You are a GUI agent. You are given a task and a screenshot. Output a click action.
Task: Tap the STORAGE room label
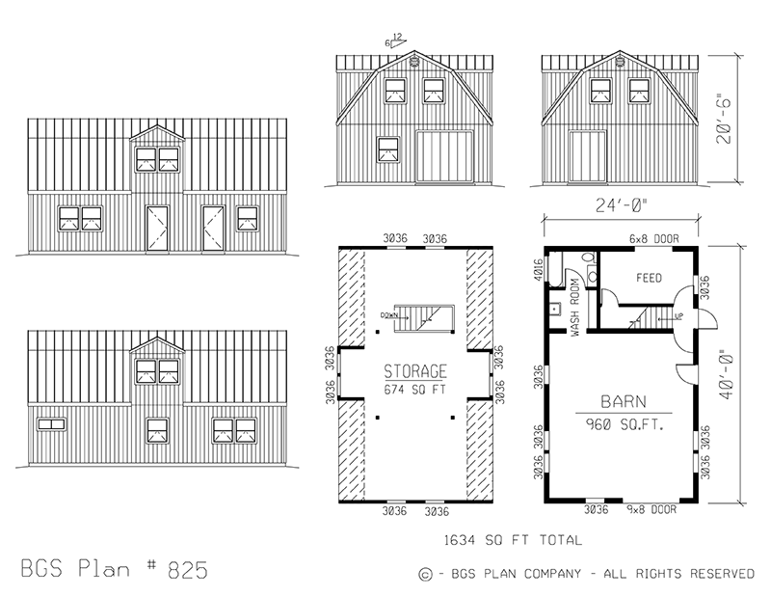pos(415,371)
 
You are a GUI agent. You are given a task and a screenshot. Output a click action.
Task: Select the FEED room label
pos(649,278)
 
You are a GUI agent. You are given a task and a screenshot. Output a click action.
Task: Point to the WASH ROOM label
pos(574,306)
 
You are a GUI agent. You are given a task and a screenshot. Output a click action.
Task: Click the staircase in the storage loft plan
pos(421,315)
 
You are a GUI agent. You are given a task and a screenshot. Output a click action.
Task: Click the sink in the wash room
pos(557,311)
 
